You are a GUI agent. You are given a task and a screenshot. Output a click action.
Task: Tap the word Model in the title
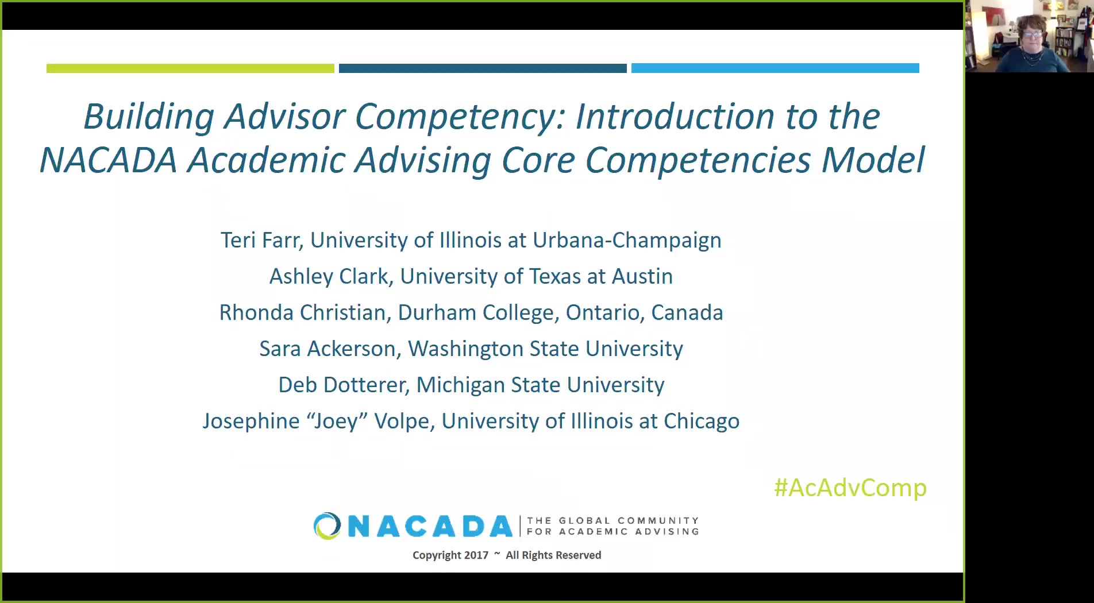click(873, 160)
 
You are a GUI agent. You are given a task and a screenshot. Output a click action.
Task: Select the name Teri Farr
click(261, 240)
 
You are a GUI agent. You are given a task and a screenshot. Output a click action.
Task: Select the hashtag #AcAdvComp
click(850, 488)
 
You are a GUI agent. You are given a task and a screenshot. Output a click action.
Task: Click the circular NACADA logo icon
click(328, 526)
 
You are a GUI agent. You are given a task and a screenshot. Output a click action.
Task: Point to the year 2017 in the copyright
click(476, 555)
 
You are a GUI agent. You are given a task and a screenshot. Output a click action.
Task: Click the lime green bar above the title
click(190, 68)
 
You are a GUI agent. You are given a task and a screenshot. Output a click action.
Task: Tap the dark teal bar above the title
click(483, 68)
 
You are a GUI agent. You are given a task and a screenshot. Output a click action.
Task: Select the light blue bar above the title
click(775, 68)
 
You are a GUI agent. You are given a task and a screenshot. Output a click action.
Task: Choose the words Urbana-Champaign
click(627, 240)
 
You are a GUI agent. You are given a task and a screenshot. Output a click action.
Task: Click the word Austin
click(642, 276)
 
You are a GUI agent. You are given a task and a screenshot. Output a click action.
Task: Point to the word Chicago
click(702, 422)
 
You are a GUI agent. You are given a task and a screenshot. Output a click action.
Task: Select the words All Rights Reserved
click(553, 555)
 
